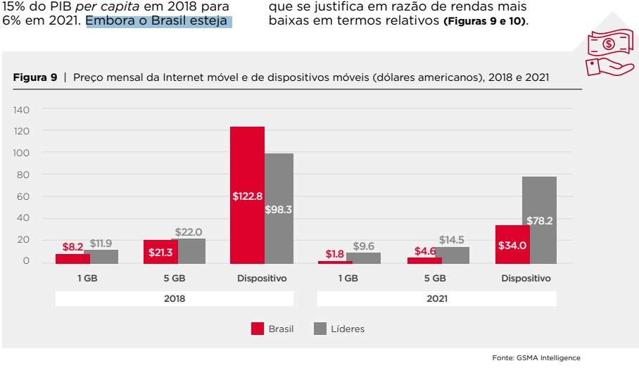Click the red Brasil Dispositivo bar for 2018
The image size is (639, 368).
point(247,162)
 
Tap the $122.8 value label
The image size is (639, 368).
point(247,196)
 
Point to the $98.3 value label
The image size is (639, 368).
point(279,210)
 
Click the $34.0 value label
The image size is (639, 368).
point(512,246)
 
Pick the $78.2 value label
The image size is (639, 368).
point(539,221)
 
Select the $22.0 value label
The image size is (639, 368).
point(188,231)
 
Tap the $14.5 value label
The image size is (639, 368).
point(451,240)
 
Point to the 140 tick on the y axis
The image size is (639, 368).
point(21,110)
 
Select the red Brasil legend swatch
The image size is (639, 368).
point(257,329)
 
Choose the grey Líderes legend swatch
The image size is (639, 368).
point(320,329)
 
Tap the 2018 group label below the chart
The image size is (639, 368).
point(175,298)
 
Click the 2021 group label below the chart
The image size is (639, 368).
point(436,298)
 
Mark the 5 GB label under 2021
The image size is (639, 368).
point(436,279)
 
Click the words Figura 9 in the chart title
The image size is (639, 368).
point(35,77)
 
